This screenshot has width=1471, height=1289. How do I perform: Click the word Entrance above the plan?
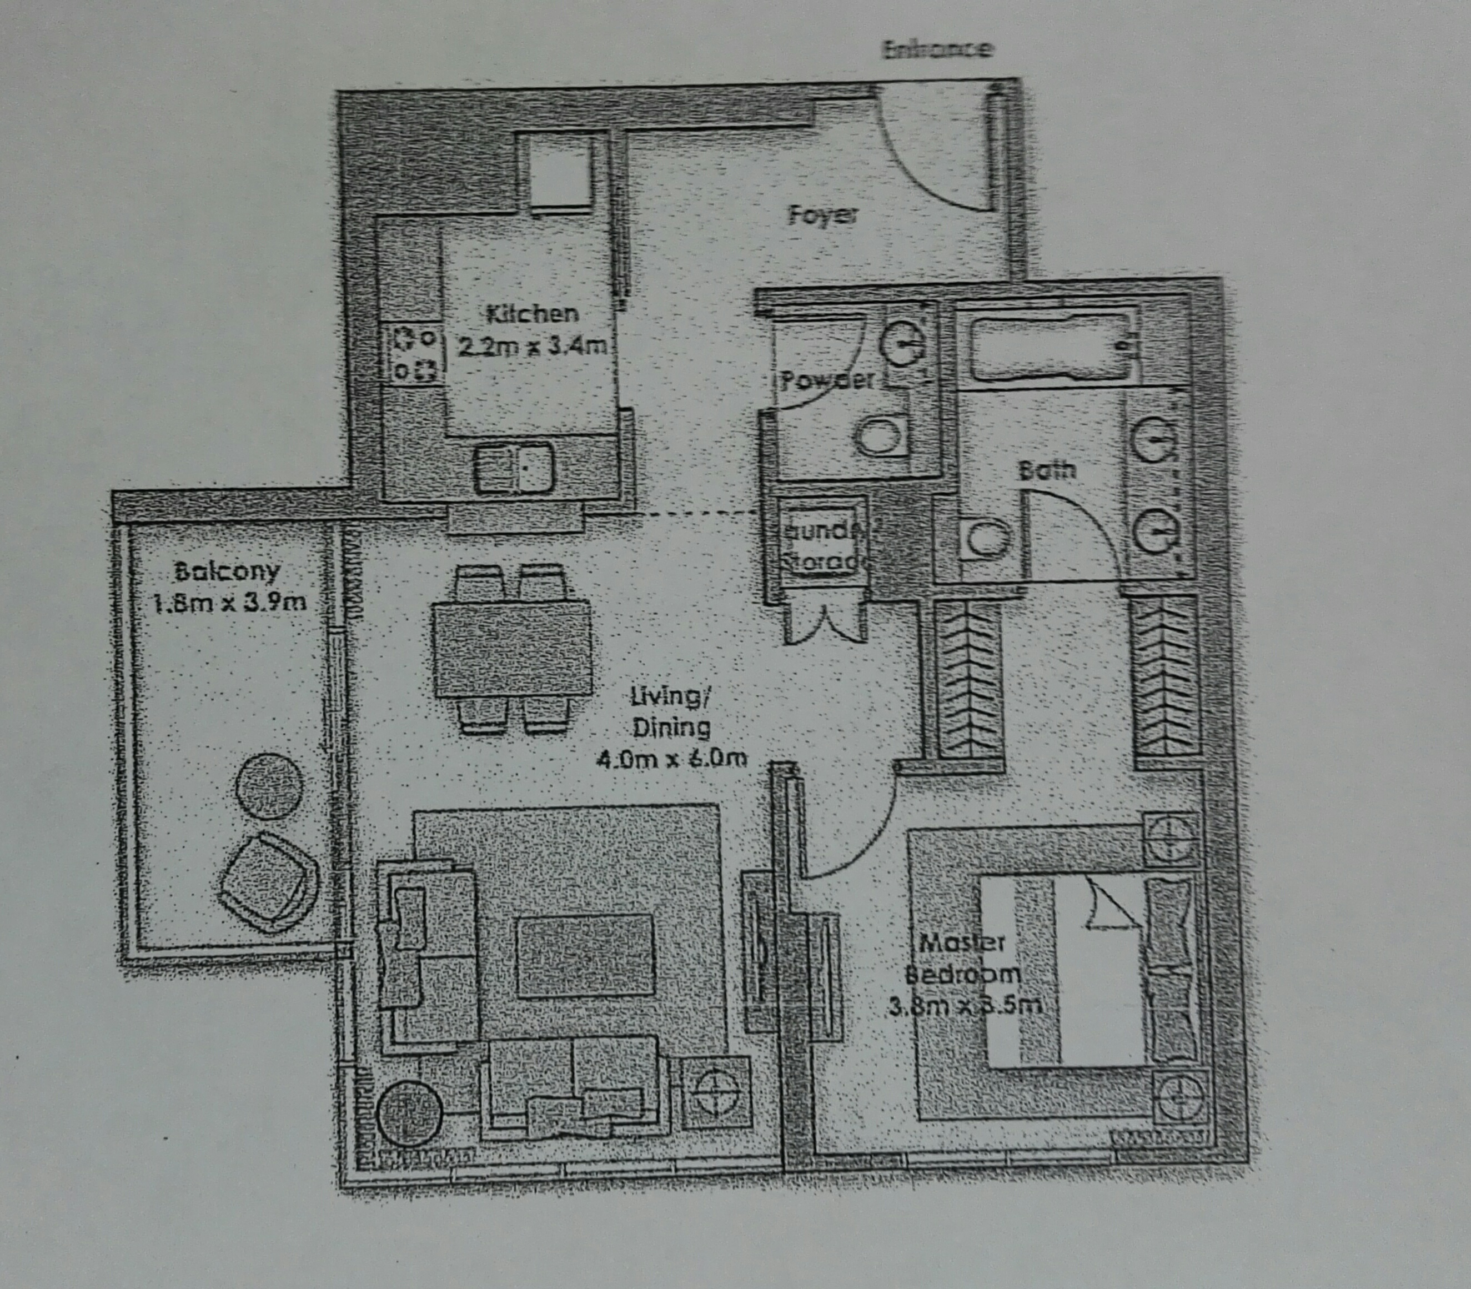[938, 49]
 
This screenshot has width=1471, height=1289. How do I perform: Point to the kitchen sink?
[514, 468]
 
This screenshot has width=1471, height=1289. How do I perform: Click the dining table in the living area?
[512, 648]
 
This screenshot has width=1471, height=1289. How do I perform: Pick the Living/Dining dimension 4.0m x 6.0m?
[670, 758]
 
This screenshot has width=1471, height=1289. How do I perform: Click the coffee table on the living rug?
[585, 955]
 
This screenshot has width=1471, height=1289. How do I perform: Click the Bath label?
[1047, 470]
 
